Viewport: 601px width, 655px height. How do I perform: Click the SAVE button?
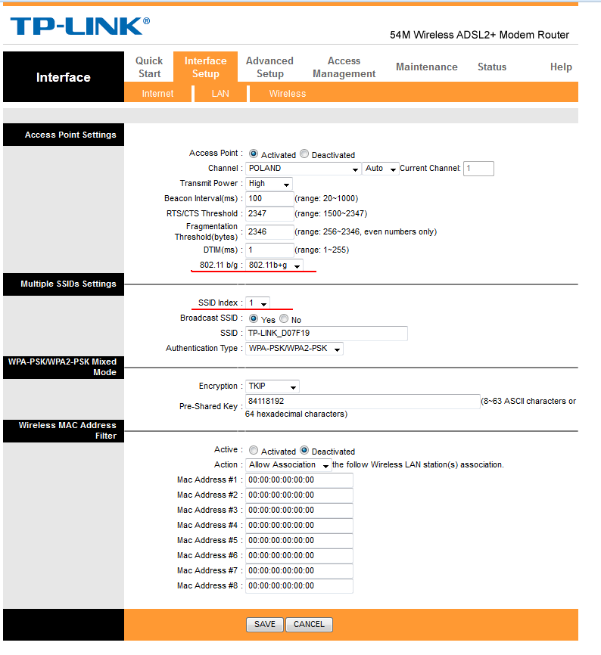(x=265, y=624)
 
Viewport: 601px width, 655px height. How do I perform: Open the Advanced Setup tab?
(x=269, y=67)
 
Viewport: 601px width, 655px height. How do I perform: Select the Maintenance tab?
(x=426, y=67)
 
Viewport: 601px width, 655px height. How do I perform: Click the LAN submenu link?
(x=220, y=94)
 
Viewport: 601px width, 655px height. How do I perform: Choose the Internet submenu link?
(x=157, y=94)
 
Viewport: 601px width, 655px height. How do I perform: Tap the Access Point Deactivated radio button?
(x=304, y=154)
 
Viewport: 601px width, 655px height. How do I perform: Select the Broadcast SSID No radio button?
(x=285, y=319)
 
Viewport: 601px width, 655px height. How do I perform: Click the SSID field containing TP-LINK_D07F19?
(x=325, y=334)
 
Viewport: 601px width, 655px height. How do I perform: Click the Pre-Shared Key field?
(x=362, y=401)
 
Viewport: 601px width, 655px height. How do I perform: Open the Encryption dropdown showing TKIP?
(x=272, y=386)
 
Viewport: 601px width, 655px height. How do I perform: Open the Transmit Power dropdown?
(x=269, y=183)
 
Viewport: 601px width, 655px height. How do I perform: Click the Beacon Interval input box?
(x=269, y=198)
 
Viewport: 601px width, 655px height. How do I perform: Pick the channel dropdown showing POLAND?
(x=303, y=168)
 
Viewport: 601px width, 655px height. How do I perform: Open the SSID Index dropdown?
(x=257, y=303)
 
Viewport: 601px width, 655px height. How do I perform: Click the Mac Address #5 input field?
(x=299, y=540)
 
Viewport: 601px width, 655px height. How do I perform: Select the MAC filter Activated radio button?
(x=254, y=450)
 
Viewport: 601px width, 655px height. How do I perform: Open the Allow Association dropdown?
(x=288, y=464)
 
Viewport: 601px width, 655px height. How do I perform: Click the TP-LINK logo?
(x=79, y=26)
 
